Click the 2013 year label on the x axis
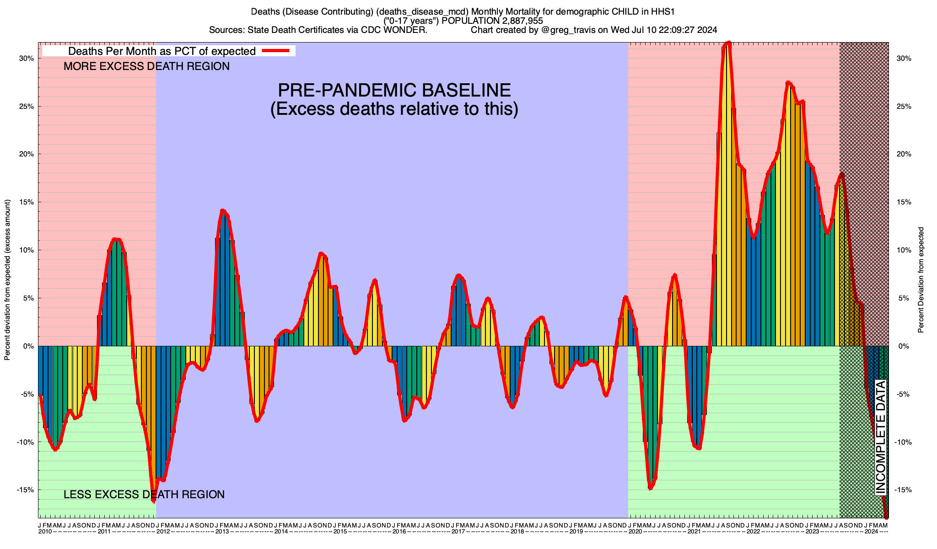tap(222, 532)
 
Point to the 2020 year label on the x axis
tap(635, 532)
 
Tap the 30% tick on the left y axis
tap(27, 59)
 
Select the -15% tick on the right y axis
tap(904, 490)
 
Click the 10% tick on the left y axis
tap(27, 250)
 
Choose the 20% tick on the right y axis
tap(904, 154)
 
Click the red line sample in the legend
tap(276, 51)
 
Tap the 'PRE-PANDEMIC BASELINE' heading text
tap(394, 90)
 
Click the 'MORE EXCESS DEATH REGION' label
tap(146, 67)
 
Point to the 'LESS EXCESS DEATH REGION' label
tap(144, 495)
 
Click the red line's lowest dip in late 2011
tap(153, 501)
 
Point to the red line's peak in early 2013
tap(222, 210)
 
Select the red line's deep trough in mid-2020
tap(650, 489)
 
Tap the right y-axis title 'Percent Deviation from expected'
tap(921, 280)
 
